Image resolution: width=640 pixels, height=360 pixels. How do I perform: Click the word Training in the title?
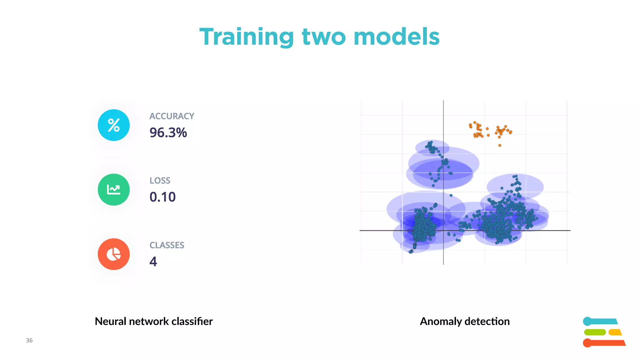pyautogui.click(x=247, y=37)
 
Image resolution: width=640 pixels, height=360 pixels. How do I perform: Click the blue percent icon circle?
pyautogui.click(x=114, y=125)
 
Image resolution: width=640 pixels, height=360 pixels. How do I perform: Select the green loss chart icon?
pyautogui.click(x=114, y=190)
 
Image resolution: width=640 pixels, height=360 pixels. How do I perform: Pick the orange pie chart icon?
pyautogui.click(x=114, y=254)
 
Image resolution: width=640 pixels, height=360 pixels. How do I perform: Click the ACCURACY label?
pyautogui.click(x=172, y=116)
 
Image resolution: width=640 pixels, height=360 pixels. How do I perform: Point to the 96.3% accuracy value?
pyautogui.click(x=168, y=132)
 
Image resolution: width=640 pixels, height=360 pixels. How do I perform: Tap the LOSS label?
pyautogui.click(x=160, y=181)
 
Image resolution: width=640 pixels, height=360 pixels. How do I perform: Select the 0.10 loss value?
pyautogui.click(x=162, y=197)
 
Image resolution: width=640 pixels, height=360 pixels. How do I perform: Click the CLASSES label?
pyautogui.click(x=167, y=245)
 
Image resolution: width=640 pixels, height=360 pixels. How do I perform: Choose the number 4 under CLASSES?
pyautogui.click(x=153, y=261)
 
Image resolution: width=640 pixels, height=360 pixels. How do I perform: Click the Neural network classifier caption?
pyautogui.click(x=153, y=321)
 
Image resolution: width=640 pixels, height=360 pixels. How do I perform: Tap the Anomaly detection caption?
pyautogui.click(x=465, y=321)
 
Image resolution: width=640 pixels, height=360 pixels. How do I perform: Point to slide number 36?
pyautogui.click(x=29, y=340)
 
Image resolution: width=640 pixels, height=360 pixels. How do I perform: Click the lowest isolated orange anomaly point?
pyautogui.click(x=500, y=145)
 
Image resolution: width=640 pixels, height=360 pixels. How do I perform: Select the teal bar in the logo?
pyautogui.click(x=600, y=321)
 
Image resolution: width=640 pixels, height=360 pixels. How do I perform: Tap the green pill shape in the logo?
pyautogui.click(x=595, y=332)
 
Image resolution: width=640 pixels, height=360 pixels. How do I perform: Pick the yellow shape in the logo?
pyautogui.click(x=615, y=332)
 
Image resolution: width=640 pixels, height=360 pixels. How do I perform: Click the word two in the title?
pyautogui.click(x=324, y=37)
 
